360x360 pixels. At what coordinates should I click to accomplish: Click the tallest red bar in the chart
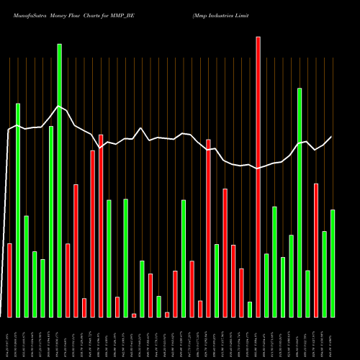pyautogui.click(x=258, y=176)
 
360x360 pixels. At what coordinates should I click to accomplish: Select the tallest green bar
pyautogui.click(x=60, y=180)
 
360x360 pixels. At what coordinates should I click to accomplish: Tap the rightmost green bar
pyautogui.click(x=333, y=263)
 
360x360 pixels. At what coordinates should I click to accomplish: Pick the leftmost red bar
pyautogui.click(x=9, y=280)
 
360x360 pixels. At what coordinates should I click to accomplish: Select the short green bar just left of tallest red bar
pyautogui.click(x=250, y=309)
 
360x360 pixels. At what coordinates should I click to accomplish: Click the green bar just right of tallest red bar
pyautogui.click(x=266, y=285)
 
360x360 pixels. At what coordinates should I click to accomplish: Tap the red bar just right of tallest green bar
pyautogui.click(x=68, y=280)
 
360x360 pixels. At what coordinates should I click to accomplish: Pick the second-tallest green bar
pyautogui.click(x=300, y=202)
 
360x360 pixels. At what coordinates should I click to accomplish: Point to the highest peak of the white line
pyautogui.click(x=59, y=106)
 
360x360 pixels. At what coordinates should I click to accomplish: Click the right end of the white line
pyautogui.click(x=332, y=137)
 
